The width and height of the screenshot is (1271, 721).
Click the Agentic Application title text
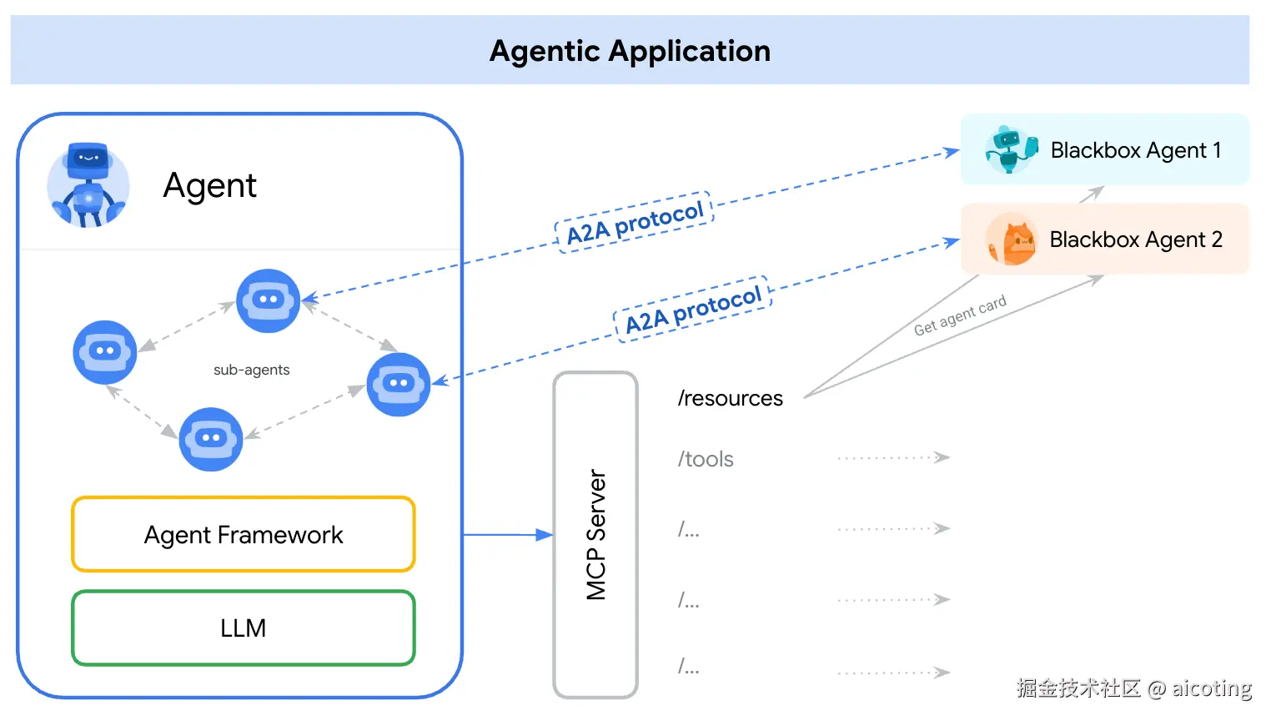coord(630,51)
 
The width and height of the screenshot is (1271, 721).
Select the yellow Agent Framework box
coord(244,535)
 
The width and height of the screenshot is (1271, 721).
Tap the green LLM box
coord(244,628)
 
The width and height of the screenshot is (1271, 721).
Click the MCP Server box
coord(595,535)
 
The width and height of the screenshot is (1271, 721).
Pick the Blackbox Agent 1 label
coord(1136,150)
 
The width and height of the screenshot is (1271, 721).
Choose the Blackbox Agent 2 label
coord(1136,239)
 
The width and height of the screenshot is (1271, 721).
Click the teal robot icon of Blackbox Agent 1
coord(1011,149)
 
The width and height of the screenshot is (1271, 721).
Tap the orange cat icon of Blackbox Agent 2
coord(1011,239)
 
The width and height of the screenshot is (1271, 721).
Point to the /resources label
coord(730,399)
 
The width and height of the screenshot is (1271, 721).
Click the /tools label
coord(706,459)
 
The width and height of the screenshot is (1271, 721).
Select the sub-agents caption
coord(251,370)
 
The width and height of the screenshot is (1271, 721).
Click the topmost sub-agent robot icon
coord(268,300)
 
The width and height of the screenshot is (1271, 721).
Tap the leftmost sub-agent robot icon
coord(105,352)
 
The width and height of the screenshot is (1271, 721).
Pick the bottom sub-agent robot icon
coord(211,439)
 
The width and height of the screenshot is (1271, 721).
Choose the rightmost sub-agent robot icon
coord(399,385)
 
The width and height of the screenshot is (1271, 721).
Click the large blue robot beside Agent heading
coord(88,185)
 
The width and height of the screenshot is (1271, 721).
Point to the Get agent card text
coord(960,315)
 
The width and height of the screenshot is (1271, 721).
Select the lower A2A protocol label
coord(693,310)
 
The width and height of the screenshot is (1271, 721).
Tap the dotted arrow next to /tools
coord(893,457)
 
